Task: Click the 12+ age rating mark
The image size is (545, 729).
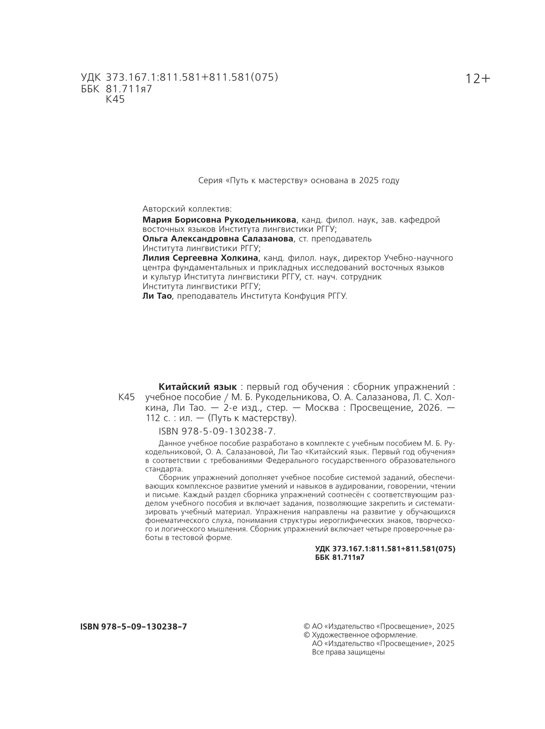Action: (478, 79)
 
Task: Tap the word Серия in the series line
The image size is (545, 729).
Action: (210, 180)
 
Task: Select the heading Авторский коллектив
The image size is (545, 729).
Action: (187, 209)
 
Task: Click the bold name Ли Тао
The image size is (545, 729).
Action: (157, 296)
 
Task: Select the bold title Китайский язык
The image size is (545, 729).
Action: (198, 387)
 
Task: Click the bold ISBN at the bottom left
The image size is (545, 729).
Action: (134, 627)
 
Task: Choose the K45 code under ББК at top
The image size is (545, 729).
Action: (115, 100)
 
